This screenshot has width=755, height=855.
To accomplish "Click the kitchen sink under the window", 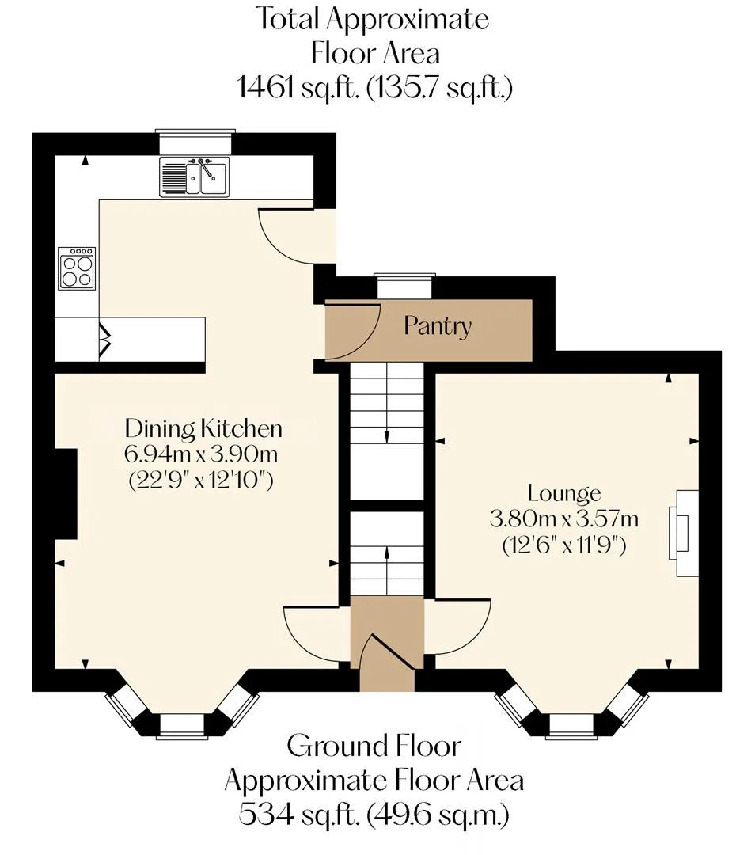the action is (195, 176).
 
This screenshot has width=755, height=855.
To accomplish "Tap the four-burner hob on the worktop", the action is (77, 268).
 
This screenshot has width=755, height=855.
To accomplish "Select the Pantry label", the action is (437, 327).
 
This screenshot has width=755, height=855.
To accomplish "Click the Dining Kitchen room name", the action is (203, 428).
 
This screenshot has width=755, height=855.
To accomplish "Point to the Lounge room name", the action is (564, 493).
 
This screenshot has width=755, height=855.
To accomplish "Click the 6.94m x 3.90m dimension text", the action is (201, 454).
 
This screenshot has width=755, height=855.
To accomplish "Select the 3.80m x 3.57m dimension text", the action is (564, 519).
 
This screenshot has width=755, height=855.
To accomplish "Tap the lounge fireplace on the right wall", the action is (684, 533).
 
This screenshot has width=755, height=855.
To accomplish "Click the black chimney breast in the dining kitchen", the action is (66, 494).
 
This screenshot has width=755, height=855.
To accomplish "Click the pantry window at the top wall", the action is (404, 285).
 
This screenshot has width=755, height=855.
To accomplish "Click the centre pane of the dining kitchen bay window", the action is (182, 726).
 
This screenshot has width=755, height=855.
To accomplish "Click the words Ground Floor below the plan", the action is (374, 747).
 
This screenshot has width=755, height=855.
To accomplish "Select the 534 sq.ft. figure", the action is (298, 815).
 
